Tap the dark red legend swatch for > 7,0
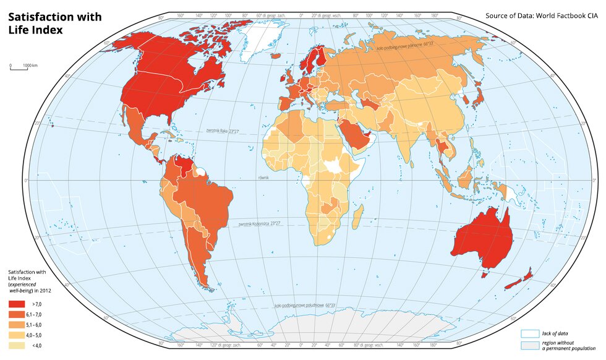click(x=17, y=304)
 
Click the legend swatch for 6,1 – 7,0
click(x=17, y=315)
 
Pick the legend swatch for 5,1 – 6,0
click(x=17, y=325)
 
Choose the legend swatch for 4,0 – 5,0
click(x=17, y=335)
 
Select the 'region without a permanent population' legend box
click(x=530, y=345)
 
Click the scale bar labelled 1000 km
click(x=19, y=68)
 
